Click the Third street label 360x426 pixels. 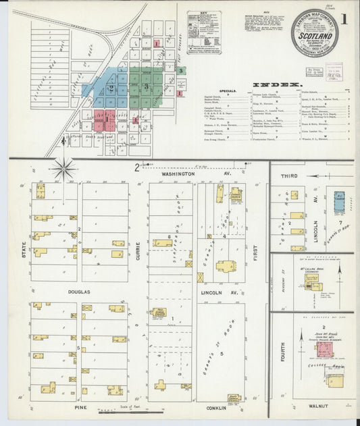pos(289,176)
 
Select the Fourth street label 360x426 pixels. pos(282,350)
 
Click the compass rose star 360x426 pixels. pos(64,167)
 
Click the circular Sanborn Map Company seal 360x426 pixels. pos(314,32)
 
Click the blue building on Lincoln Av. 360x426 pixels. pos(339,203)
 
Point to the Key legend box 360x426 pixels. pos(203,32)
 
